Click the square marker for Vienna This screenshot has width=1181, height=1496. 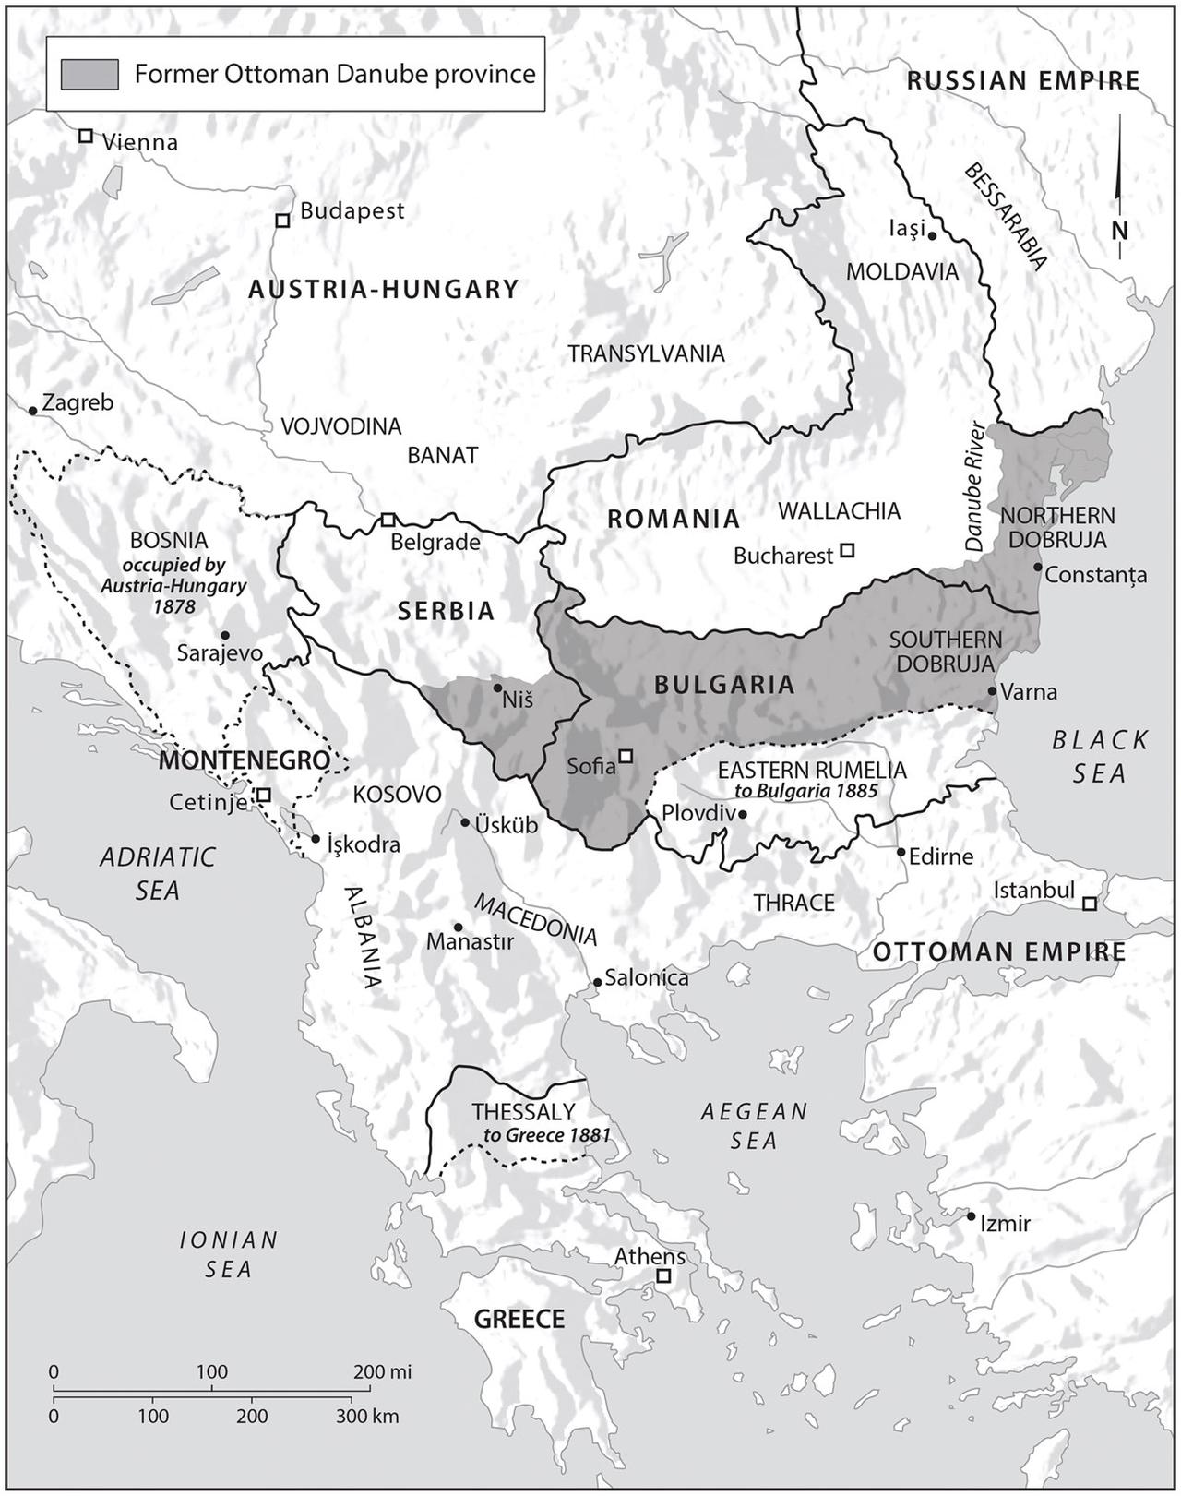tap(85, 136)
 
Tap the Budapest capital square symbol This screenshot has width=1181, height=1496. tap(282, 221)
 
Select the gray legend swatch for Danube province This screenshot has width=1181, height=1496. tap(89, 74)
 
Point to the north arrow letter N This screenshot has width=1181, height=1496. tap(1119, 230)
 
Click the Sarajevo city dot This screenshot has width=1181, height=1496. tap(225, 635)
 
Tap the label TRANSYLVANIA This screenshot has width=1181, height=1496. tap(646, 353)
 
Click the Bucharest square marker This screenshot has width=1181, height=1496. tap(847, 551)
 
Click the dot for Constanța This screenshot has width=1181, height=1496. tap(1038, 567)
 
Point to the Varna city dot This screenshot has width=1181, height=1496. tap(992, 690)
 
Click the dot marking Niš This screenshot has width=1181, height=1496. tap(497, 688)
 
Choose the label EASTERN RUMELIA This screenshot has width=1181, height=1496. tap(812, 770)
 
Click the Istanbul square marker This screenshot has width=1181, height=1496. tap(1090, 904)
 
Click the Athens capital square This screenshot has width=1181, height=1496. tap(662, 1276)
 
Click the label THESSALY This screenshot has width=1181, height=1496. tap(523, 1112)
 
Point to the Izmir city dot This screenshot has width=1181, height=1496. tap(971, 1216)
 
